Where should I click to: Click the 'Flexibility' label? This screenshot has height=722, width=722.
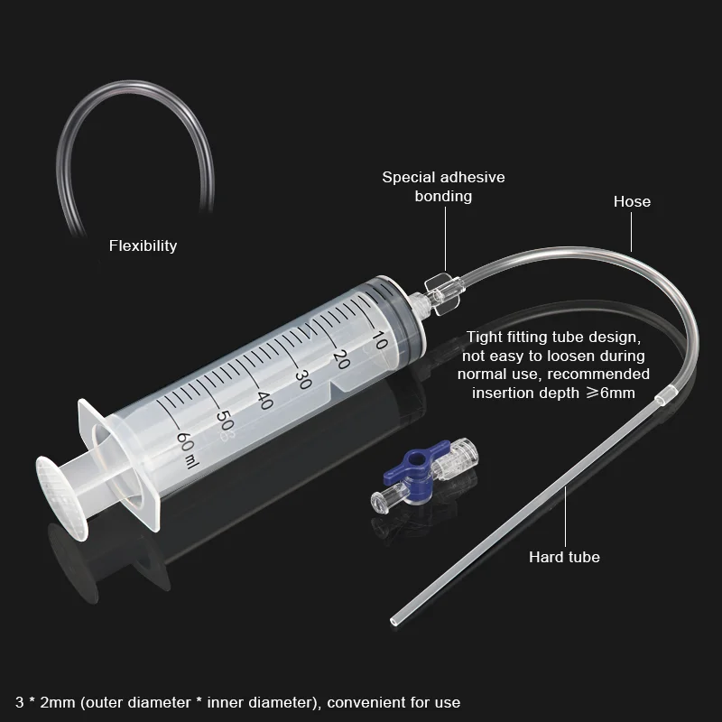click(x=143, y=245)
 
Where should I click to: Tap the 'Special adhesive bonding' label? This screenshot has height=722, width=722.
click(x=443, y=186)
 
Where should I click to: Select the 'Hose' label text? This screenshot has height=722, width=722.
click(x=632, y=201)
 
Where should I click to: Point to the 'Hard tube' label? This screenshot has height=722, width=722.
click(x=564, y=557)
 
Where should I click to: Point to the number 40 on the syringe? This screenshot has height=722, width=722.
click(x=264, y=400)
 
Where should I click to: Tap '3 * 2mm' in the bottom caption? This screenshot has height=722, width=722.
click(x=38, y=702)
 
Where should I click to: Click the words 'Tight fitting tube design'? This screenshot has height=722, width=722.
click(x=553, y=338)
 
